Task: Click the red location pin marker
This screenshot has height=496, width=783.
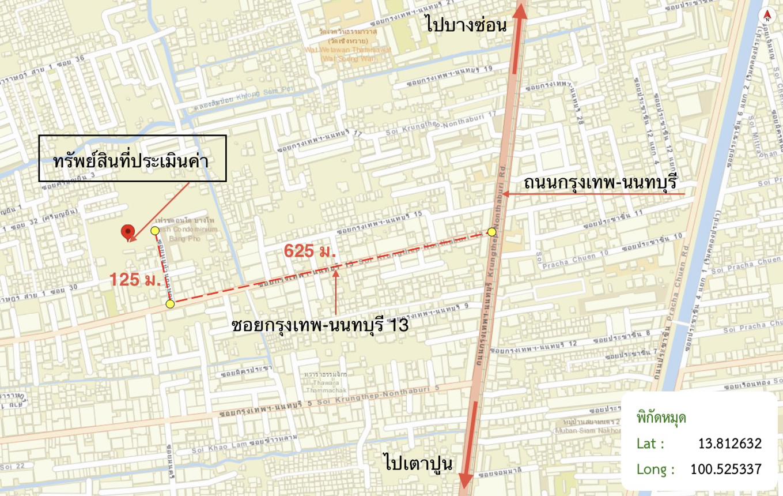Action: pos(127,232)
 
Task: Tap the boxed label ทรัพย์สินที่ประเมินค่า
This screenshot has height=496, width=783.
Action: pos(132,159)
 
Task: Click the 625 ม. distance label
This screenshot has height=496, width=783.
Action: pos(310,251)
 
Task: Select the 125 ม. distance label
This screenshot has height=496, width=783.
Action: pos(135,280)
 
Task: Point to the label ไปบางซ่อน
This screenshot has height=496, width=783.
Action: pos(466,26)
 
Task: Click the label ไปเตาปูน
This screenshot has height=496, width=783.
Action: pos(418,463)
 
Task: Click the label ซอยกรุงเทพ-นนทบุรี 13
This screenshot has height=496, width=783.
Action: pos(320,325)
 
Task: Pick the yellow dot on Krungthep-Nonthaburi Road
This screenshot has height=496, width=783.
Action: pos(491,232)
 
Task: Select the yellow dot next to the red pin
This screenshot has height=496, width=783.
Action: pos(155,231)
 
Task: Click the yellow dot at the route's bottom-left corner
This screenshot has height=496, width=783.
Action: pos(170,304)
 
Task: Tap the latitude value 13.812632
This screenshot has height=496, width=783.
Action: pos(729,444)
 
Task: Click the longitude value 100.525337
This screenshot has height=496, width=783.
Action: pos(725,469)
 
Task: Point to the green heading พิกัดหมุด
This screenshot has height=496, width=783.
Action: pos(661,418)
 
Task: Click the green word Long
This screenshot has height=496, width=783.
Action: pos(655,469)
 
